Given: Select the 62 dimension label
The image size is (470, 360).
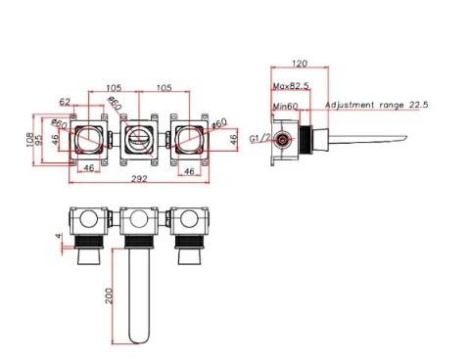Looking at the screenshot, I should pyautogui.click(x=66, y=100).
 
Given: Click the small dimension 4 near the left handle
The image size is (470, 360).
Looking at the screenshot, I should pyautogui.click(x=58, y=236).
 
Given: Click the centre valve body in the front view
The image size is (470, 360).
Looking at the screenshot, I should pyautogui.click(x=140, y=138).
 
